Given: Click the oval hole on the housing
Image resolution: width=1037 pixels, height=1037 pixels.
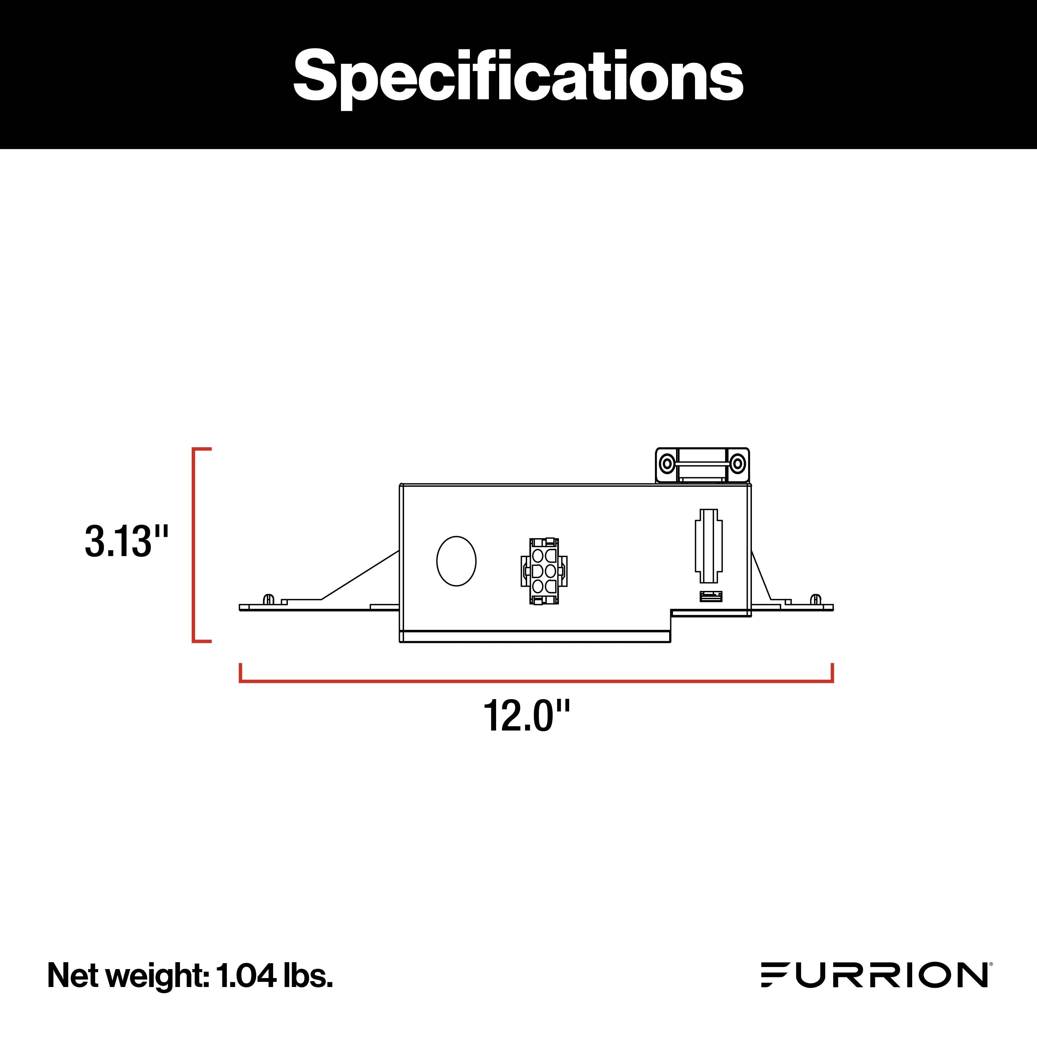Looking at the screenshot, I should click(x=456, y=561).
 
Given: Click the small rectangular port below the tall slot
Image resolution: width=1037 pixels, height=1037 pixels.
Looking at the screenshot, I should click(x=711, y=596).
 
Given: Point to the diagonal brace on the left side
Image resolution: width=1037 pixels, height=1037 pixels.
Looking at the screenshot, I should click(x=360, y=575).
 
